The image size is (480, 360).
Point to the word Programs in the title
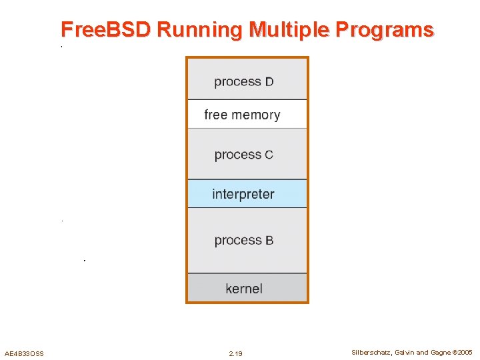tap(385, 30)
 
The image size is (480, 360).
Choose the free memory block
tap(247, 115)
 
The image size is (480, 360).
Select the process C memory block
tap(247, 154)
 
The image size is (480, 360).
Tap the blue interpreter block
tap(247, 194)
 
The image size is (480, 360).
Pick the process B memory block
tap(247, 240)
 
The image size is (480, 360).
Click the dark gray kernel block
tap(247, 289)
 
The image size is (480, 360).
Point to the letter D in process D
tap(269, 82)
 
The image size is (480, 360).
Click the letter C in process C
tap(269, 155)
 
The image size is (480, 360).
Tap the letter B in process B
tap(269, 241)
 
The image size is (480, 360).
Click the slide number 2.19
tap(235, 353)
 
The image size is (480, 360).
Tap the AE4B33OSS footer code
tap(24, 353)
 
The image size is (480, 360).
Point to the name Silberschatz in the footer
tap(371, 352)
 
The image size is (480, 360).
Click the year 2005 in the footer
tap(465, 352)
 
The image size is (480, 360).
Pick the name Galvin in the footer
tap(405, 352)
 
